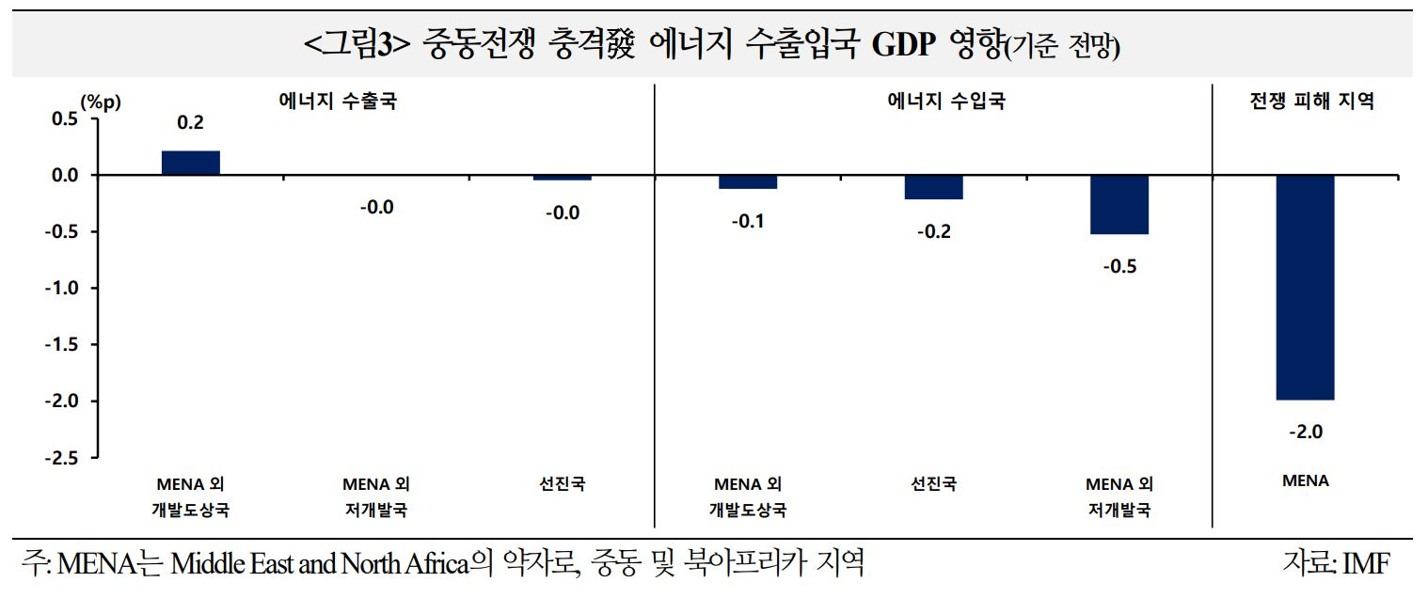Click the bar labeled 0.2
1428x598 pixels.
point(190,163)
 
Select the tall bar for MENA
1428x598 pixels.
point(1305,287)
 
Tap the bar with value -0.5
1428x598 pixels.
point(1119,204)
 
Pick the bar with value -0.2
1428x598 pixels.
point(933,187)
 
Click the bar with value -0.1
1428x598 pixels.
point(748,181)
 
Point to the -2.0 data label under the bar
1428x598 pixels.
point(1305,432)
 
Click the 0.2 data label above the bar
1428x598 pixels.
point(190,122)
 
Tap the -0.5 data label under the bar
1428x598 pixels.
point(1119,266)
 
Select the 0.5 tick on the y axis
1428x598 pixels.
point(64,118)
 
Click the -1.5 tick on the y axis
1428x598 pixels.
point(61,344)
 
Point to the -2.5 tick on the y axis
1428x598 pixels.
point(61,458)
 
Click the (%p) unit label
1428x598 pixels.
point(101,102)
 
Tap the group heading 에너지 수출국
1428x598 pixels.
point(338,102)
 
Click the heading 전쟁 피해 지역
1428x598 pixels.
point(1311,102)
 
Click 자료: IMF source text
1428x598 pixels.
point(1335,562)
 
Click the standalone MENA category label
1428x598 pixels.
point(1305,480)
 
